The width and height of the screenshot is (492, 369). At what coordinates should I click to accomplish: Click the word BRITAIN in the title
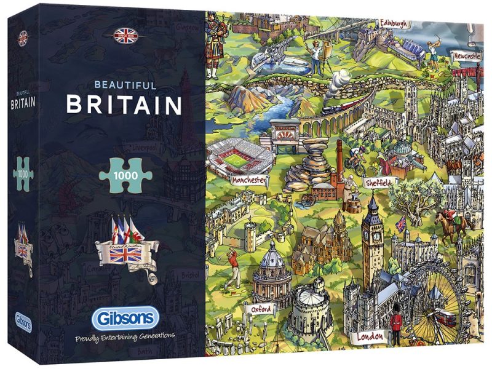tap(124, 104)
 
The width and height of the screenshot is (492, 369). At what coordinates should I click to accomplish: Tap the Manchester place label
tap(250, 180)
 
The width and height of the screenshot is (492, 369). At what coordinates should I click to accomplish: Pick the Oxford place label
tap(261, 309)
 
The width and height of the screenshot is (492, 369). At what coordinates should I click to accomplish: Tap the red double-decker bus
tap(446, 317)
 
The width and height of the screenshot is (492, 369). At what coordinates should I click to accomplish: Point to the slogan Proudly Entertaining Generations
tap(125, 336)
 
